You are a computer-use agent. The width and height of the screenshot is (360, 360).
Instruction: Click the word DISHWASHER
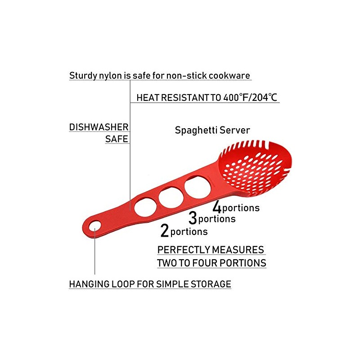tap(99, 127)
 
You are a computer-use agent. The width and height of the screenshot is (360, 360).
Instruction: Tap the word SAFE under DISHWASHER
tap(117, 139)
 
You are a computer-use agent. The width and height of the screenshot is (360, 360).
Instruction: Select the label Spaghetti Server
tap(212, 130)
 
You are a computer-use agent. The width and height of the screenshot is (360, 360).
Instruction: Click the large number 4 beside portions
tap(217, 207)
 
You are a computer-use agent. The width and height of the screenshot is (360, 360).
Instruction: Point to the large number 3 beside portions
tap(193, 218)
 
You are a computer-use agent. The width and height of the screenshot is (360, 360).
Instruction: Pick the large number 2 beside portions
tap(165, 230)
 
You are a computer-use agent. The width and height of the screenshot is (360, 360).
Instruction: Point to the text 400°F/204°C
tap(250, 98)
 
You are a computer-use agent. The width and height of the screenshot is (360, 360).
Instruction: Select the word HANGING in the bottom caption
tap(89, 284)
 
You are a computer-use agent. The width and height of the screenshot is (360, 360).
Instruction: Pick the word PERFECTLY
tap(184, 250)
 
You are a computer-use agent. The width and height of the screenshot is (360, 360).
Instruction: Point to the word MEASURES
tap(238, 250)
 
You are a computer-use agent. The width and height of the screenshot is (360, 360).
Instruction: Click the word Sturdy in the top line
tap(83, 76)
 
